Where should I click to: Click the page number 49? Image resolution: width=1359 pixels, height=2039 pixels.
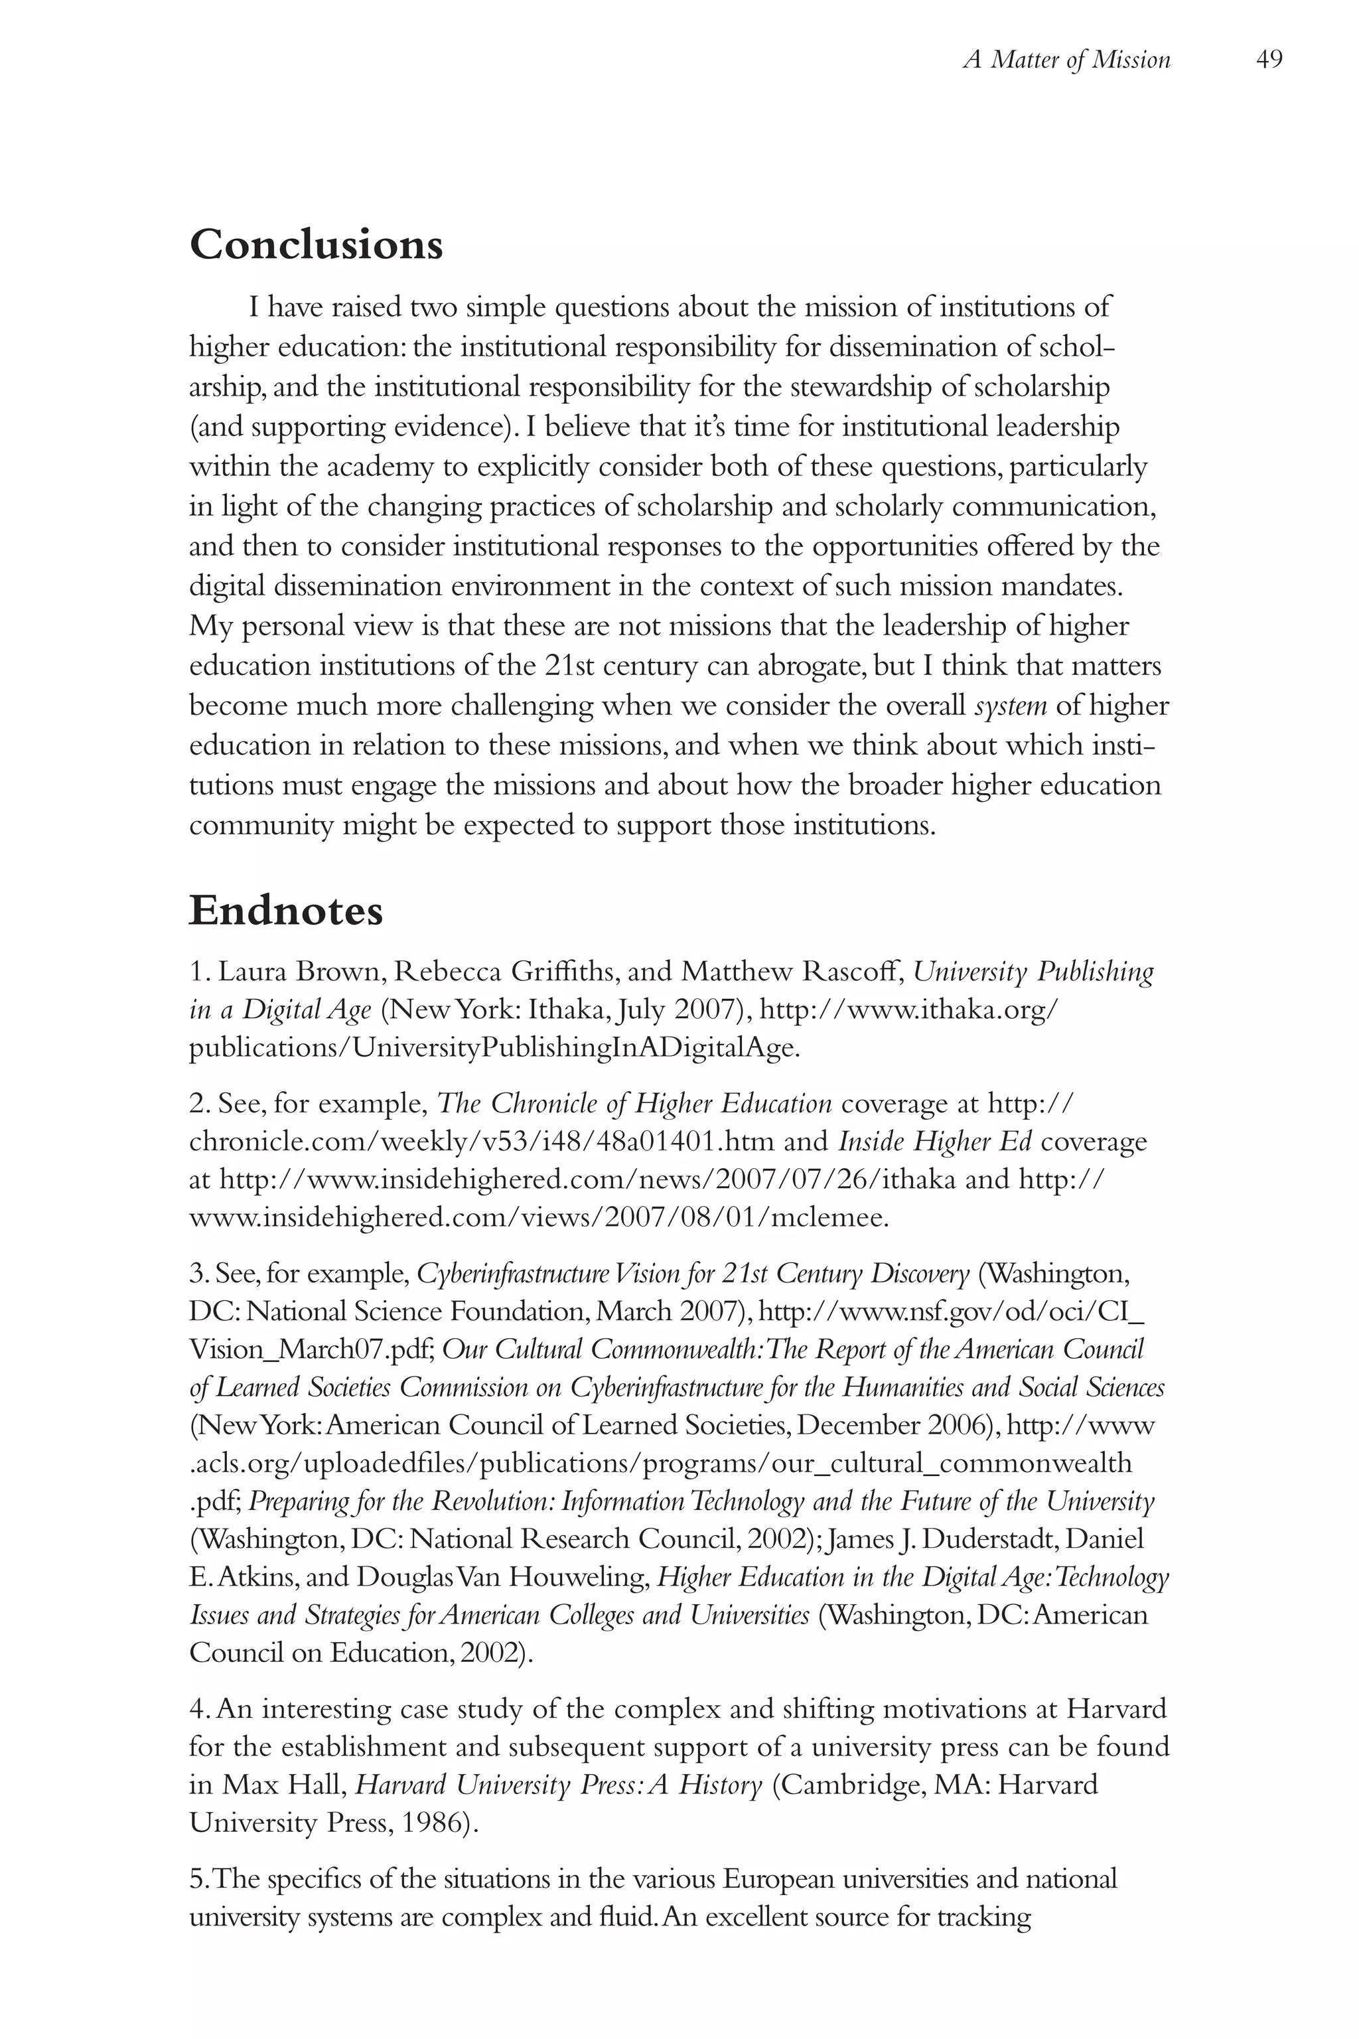(x=1268, y=60)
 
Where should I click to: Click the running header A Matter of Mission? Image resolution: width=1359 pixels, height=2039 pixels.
(x=1066, y=60)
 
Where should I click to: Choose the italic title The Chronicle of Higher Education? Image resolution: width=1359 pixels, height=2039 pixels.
(x=634, y=1104)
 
